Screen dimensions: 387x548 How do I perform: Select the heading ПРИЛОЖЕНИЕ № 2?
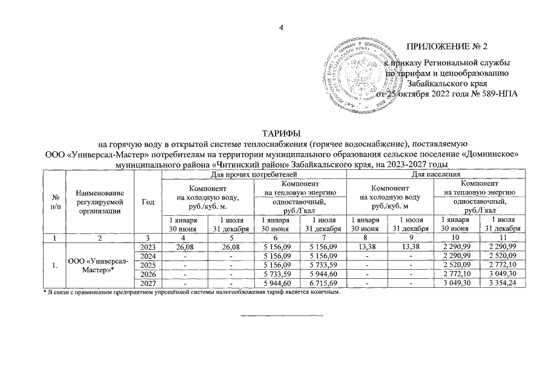tap(449, 47)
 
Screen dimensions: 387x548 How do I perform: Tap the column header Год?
tap(148, 202)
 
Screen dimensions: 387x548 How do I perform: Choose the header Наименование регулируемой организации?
tap(100, 201)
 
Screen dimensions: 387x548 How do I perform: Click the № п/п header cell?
tap(55, 202)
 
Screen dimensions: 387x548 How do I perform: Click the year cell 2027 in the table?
tap(148, 284)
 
